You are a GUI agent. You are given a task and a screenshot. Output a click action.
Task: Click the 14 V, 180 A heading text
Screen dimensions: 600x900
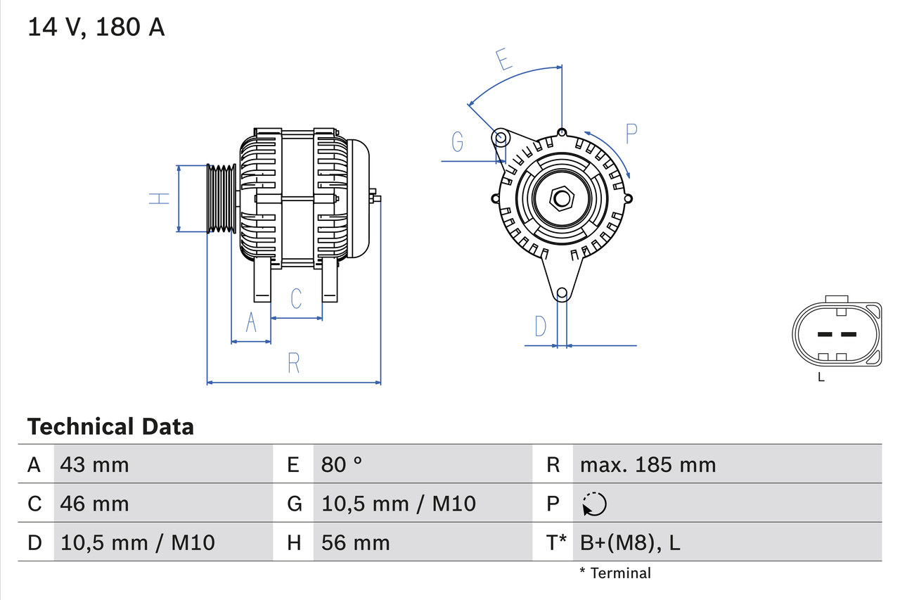coord(96,27)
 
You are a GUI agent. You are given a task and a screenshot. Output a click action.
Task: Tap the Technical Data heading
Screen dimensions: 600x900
coord(110,427)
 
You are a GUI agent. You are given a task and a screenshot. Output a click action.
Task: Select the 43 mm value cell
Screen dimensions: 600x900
coord(95,464)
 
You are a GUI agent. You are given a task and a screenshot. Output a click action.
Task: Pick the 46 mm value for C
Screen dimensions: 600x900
coord(95,504)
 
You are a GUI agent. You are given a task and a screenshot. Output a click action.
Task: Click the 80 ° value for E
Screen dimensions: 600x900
coord(342,464)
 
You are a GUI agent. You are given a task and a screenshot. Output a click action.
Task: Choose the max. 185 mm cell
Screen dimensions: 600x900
coord(648,464)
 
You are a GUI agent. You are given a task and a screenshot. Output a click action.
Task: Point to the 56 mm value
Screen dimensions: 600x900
coord(355,542)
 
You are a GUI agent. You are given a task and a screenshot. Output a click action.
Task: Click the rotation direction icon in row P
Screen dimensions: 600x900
coord(594,504)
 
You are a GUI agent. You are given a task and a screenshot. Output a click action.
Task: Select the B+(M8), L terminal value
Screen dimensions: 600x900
coord(630,542)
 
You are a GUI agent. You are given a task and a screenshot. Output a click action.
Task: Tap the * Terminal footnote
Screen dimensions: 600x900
coord(615,573)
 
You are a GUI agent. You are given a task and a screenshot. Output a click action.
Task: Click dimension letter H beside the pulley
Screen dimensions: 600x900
coord(160,198)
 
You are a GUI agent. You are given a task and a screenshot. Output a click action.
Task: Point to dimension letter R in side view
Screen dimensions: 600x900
coord(294,364)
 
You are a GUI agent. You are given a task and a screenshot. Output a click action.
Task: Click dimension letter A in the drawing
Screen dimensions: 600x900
coord(251,324)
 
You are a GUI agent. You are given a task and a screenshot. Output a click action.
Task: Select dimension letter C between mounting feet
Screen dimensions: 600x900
coord(296,298)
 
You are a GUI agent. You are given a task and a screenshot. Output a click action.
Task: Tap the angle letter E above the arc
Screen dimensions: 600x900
coord(503,60)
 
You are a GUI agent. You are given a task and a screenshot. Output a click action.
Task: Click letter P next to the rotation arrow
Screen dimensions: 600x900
coord(631,133)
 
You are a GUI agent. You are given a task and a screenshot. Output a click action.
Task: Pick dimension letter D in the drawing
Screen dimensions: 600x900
coord(540,326)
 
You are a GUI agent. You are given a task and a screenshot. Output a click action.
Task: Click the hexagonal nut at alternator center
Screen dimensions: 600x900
coord(561,198)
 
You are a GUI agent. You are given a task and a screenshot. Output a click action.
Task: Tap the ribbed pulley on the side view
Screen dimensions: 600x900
coord(221,198)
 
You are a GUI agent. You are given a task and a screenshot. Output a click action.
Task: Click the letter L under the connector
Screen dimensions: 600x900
coord(821,378)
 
